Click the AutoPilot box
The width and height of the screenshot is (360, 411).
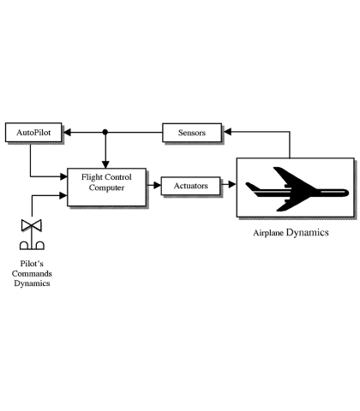(x=33, y=133)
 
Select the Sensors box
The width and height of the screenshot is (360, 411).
(x=192, y=133)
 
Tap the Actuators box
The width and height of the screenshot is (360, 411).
(x=191, y=186)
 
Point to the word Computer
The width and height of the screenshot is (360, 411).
(x=106, y=188)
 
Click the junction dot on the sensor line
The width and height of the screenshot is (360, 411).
(x=105, y=132)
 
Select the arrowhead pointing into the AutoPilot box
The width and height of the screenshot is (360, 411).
(x=67, y=133)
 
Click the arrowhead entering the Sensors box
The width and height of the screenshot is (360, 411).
(x=227, y=132)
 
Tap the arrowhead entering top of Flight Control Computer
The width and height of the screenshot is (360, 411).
(x=105, y=164)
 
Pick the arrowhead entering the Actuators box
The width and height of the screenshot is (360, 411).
(x=158, y=186)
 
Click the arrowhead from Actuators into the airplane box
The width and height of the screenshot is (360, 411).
(x=232, y=185)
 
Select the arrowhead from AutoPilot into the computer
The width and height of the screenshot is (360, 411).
(x=63, y=176)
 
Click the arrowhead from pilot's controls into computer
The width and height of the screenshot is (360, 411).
(x=63, y=195)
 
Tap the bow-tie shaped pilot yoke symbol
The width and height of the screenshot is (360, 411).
(x=32, y=225)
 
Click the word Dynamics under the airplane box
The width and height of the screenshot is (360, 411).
(x=308, y=233)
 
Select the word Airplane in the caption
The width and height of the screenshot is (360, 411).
(x=268, y=233)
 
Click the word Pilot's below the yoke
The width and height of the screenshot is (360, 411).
(x=32, y=263)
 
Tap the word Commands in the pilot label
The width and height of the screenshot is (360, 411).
(x=32, y=273)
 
